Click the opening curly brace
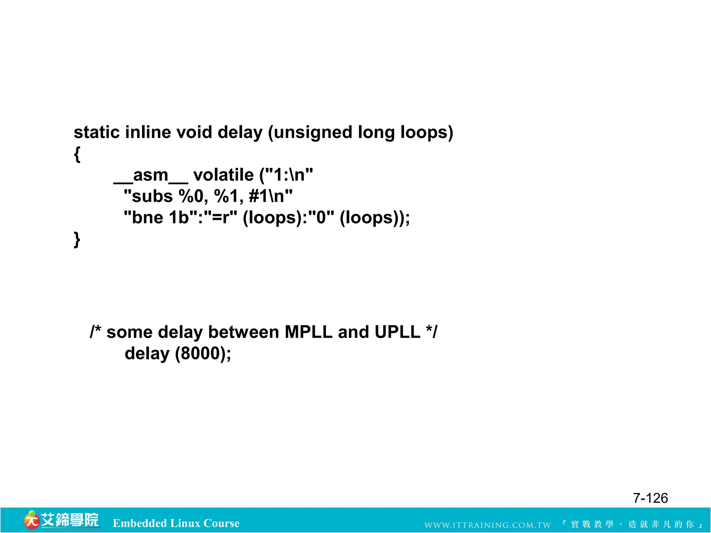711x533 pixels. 77,154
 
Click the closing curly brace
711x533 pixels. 77,239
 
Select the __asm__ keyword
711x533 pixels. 151,176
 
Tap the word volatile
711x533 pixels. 223,175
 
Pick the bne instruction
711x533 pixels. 148,218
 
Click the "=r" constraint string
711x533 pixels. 221,218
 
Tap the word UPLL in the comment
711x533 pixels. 397,332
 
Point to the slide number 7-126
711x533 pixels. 650,498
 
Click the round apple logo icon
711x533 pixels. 31,520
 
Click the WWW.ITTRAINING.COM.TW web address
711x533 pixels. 487,525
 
